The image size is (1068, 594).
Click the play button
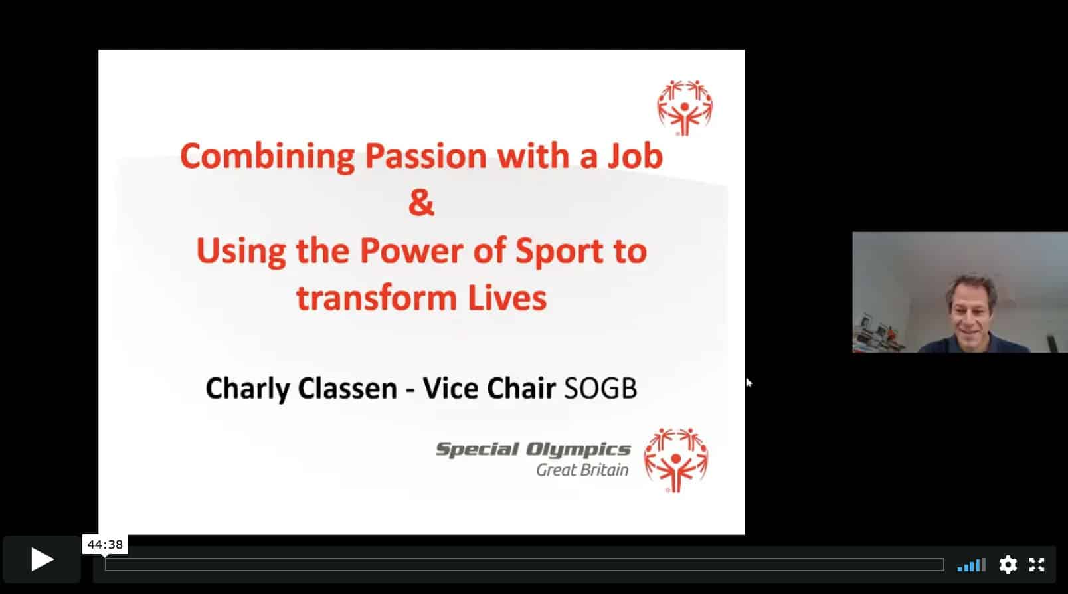[42, 559]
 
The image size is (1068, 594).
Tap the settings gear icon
[1008, 565]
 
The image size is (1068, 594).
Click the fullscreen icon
[1037, 565]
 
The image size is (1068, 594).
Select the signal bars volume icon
[971, 565]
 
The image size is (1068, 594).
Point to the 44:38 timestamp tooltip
[105, 544]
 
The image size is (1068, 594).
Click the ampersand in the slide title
[422, 202]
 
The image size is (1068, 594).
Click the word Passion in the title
[426, 156]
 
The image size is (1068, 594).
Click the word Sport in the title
[559, 251]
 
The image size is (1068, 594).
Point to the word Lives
[507, 298]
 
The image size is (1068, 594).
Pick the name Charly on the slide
[248, 389]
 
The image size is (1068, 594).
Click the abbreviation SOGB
[600, 388]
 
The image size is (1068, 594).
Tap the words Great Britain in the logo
[582, 470]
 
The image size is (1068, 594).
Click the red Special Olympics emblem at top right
[685, 108]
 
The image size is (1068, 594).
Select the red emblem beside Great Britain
[675, 460]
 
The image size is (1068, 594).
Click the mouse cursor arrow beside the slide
[749, 382]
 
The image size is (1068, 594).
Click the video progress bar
[525, 565]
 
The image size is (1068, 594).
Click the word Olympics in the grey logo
[578, 449]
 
